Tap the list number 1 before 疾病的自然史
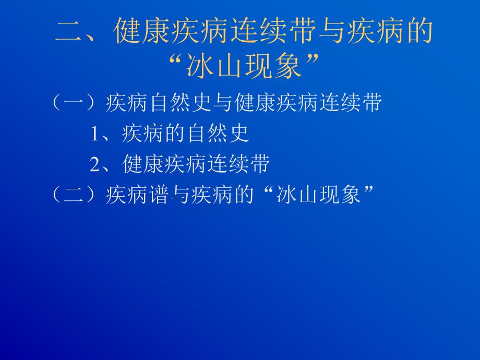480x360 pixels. click(95, 135)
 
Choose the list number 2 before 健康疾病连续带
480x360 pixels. click(95, 165)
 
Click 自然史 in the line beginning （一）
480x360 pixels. click(183, 104)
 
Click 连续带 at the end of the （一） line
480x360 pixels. click(356, 104)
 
